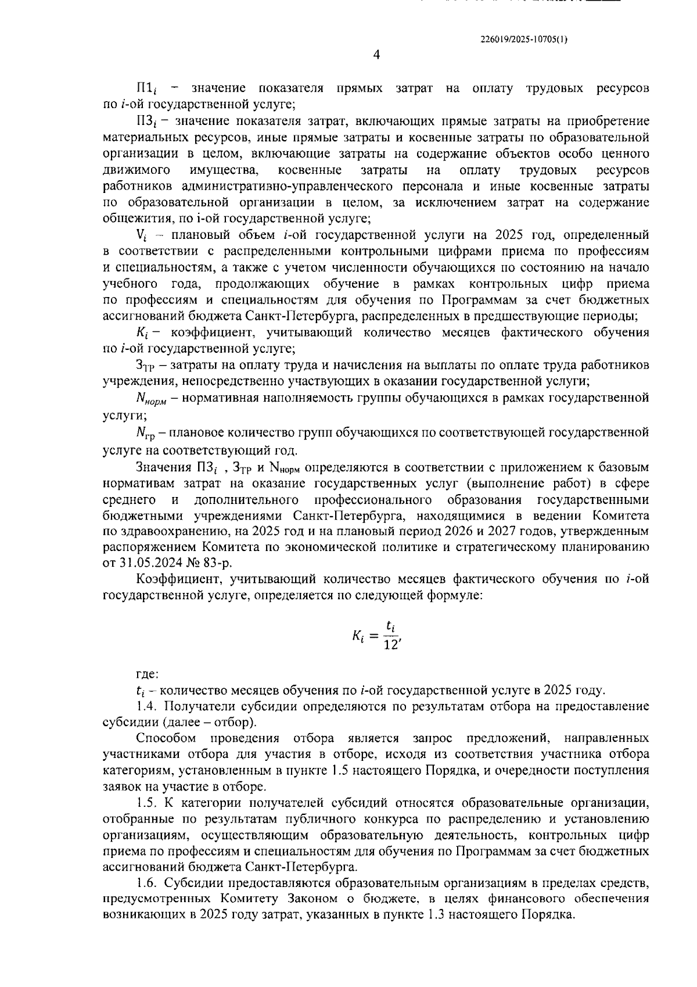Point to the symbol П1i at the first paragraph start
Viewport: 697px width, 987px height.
pyautogui.click(x=147, y=89)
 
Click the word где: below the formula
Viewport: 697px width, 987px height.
pyautogui.click(x=146, y=674)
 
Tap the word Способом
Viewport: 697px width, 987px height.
pyautogui.click(x=161, y=738)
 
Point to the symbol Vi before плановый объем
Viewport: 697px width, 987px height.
pyautogui.click(x=141, y=236)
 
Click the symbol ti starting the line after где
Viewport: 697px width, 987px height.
pyautogui.click(x=139, y=691)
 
